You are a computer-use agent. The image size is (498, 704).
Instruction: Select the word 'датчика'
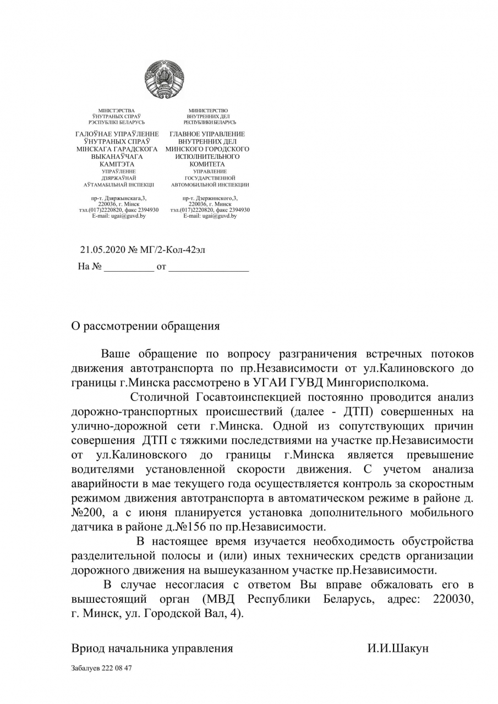point(92,527)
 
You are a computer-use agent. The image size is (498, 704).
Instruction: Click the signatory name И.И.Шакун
point(398,648)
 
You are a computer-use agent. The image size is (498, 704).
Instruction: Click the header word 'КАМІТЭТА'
point(117,164)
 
